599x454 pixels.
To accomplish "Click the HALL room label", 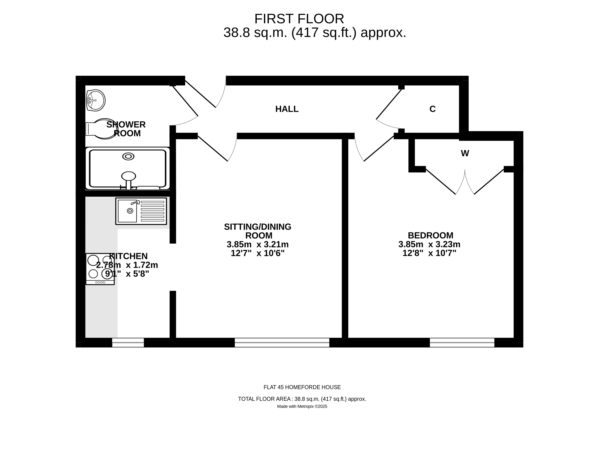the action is click(287, 109).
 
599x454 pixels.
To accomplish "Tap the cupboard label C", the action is click(432, 109).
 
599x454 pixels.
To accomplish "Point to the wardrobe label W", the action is click(465, 153).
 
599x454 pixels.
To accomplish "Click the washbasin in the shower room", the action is click(96, 100).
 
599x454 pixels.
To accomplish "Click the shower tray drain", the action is click(128, 156).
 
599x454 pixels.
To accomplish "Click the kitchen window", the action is click(128, 343).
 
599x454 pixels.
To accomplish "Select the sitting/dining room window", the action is click(282, 343).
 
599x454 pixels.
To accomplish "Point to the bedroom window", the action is click(462, 343).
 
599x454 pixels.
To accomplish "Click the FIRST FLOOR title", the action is click(299, 19).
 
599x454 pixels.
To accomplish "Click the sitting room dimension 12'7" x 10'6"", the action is click(258, 253).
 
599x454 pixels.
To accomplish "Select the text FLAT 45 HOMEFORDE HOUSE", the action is click(302, 387).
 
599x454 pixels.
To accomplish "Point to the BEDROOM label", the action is click(431, 235).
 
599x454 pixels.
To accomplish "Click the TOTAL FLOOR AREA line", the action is click(302, 399).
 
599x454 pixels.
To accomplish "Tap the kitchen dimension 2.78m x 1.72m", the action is click(127, 265).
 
